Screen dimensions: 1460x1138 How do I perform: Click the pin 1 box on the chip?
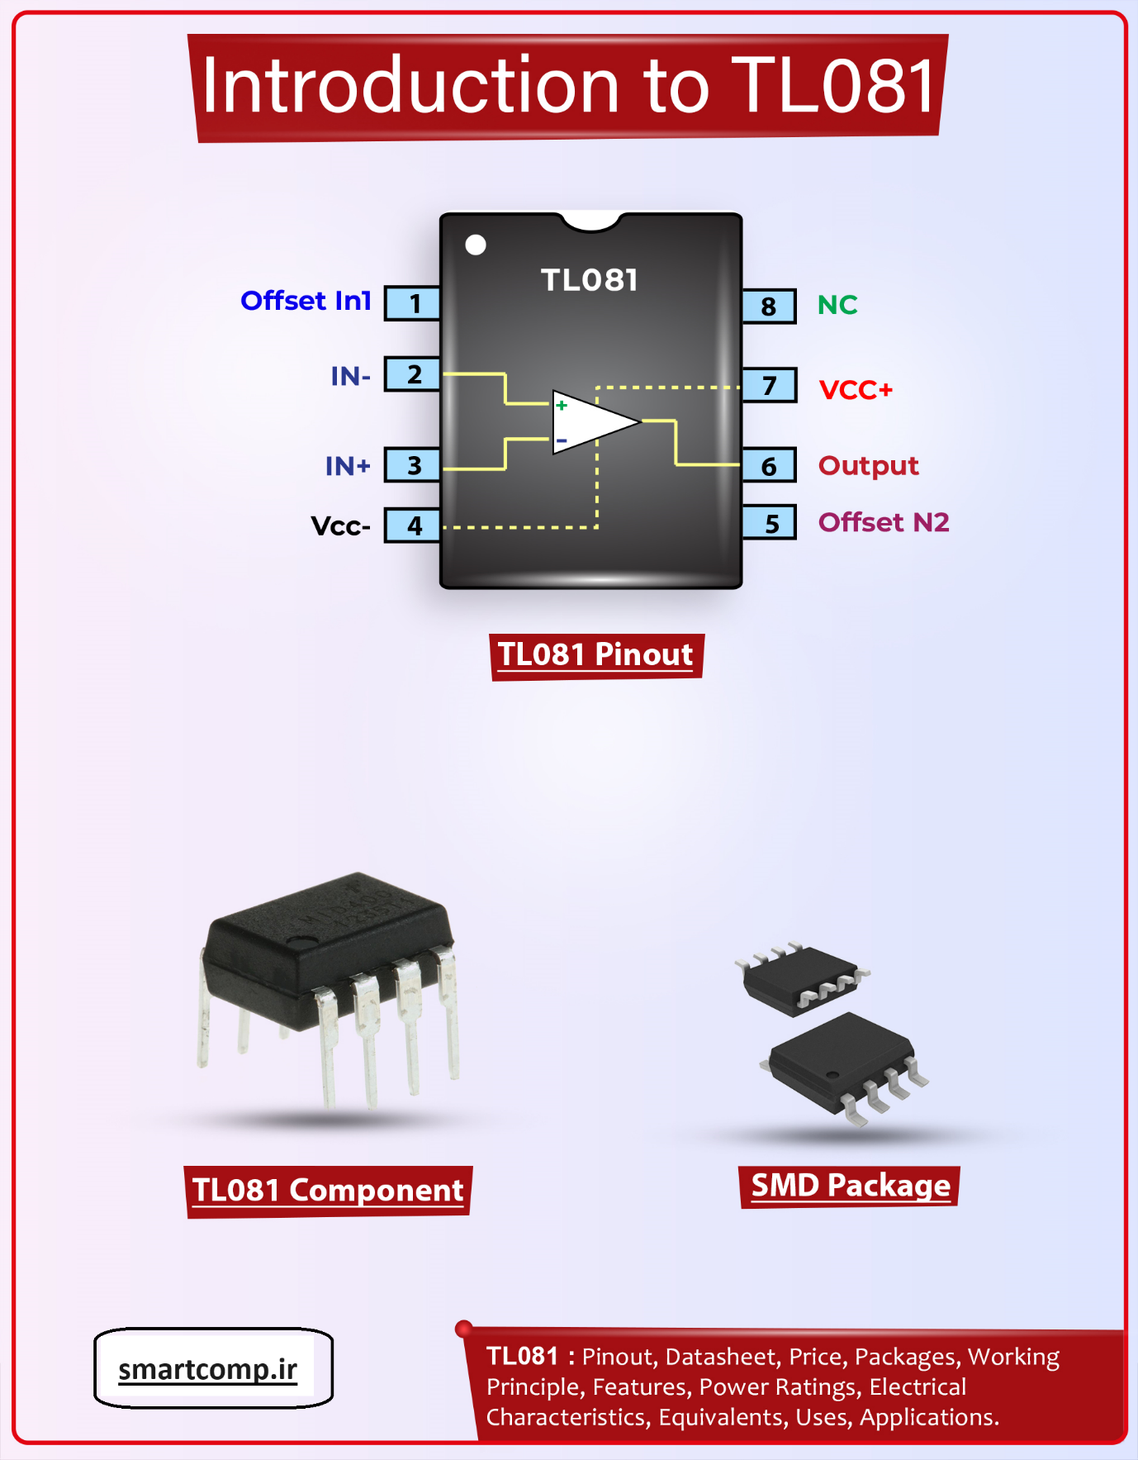tap(413, 303)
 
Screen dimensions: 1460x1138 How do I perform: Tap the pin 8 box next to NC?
tap(768, 306)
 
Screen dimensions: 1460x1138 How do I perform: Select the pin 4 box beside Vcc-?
tap(413, 526)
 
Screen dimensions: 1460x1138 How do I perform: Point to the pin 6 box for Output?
tap(768, 466)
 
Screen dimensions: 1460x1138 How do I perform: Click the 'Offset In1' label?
tap(306, 301)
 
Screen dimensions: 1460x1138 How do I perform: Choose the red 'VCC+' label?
tap(856, 390)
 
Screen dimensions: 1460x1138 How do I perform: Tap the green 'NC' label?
tap(837, 305)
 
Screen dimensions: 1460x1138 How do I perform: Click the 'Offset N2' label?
tap(884, 522)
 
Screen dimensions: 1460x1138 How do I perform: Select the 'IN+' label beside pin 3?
tap(348, 466)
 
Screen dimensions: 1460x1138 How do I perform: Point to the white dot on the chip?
tap(476, 245)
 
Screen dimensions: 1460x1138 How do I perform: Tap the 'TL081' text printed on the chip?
tap(590, 280)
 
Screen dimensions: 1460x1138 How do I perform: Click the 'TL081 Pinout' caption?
tap(595, 655)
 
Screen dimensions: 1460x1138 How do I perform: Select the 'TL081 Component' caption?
tap(328, 1191)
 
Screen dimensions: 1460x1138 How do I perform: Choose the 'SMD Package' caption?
tap(851, 1186)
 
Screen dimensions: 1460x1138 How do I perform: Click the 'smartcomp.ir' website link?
tap(208, 1369)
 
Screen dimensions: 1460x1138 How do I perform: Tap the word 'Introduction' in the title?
tap(410, 86)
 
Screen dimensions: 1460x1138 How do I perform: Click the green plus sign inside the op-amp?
tap(562, 405)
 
